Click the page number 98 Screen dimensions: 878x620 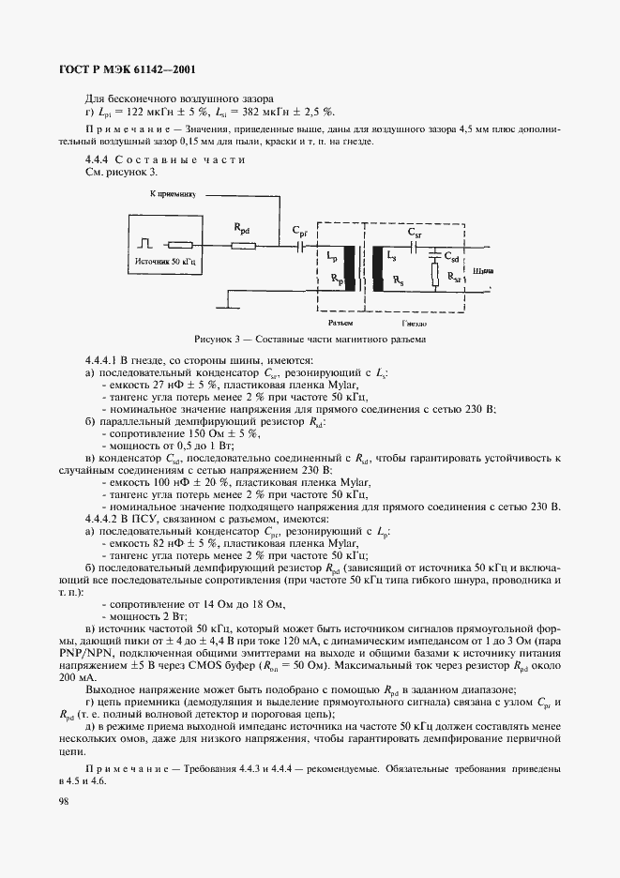point(64,800)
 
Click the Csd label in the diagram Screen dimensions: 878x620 point(451,254)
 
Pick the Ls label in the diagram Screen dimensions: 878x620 point(391,254)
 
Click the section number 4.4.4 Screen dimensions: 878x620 point(99,159)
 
